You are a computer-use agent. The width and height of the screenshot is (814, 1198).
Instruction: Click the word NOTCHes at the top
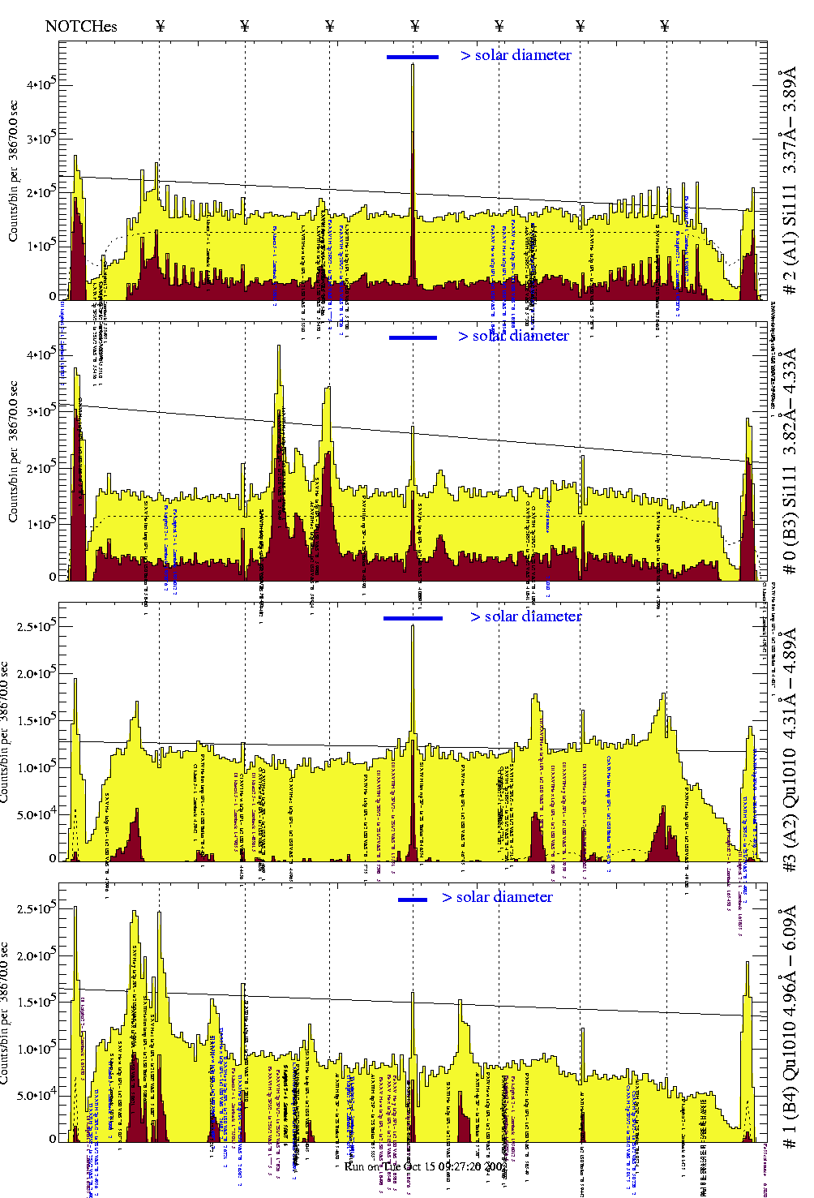tap(81, 27)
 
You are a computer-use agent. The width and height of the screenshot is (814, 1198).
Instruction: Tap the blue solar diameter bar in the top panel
tap(413, 57)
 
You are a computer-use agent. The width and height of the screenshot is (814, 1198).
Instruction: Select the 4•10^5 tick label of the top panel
tap(40, 84)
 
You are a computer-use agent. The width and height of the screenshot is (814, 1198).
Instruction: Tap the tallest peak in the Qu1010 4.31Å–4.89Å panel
tap(413, 628)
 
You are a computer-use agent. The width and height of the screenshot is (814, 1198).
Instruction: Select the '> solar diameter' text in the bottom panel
tap(497, 897)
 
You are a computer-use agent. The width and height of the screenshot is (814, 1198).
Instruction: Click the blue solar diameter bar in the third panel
tap(413, 618)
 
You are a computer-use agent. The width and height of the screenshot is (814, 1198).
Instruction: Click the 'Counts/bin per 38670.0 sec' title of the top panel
tap(14, 170)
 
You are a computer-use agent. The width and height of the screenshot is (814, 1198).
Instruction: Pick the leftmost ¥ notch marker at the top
tap(160, 27)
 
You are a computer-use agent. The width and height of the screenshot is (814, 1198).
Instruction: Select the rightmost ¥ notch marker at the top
tap(665, 27)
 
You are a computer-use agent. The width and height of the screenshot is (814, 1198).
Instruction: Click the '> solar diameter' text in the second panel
tap(513, 336)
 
